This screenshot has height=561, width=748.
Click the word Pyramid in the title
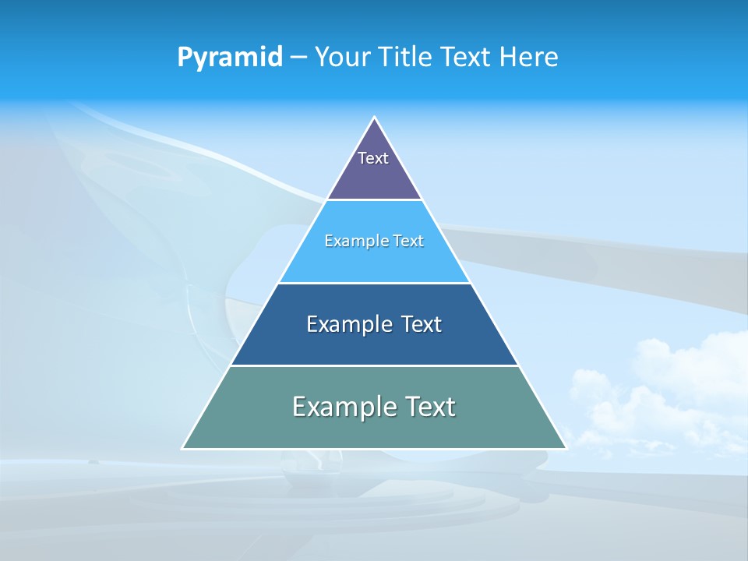(229, 58)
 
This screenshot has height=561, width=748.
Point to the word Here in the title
(529, 58)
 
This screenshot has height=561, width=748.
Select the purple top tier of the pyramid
(374, 179)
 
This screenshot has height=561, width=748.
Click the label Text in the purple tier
(373, 158)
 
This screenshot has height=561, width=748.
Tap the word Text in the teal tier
(429, 407)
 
